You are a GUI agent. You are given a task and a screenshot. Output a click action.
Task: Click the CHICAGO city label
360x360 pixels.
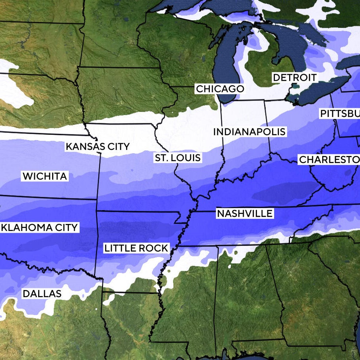pos(220,89)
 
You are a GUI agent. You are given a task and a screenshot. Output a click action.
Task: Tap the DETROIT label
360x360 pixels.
pos(295,78)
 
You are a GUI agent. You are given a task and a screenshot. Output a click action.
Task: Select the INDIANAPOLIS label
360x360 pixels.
pos(249,132)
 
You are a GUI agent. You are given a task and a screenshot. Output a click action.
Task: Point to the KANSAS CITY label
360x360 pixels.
pos(97,147)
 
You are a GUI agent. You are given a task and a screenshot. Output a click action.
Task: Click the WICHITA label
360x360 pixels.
pos(45,176)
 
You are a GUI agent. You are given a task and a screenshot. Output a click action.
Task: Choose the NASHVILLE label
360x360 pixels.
pos(245,214)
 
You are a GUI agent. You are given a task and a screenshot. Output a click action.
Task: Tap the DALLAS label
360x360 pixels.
pos(42,294)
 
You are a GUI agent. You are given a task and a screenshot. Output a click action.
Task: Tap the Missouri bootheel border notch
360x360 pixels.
pos(183,218)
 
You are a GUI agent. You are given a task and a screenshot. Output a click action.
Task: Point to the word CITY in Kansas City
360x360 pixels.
pos(117,147)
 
